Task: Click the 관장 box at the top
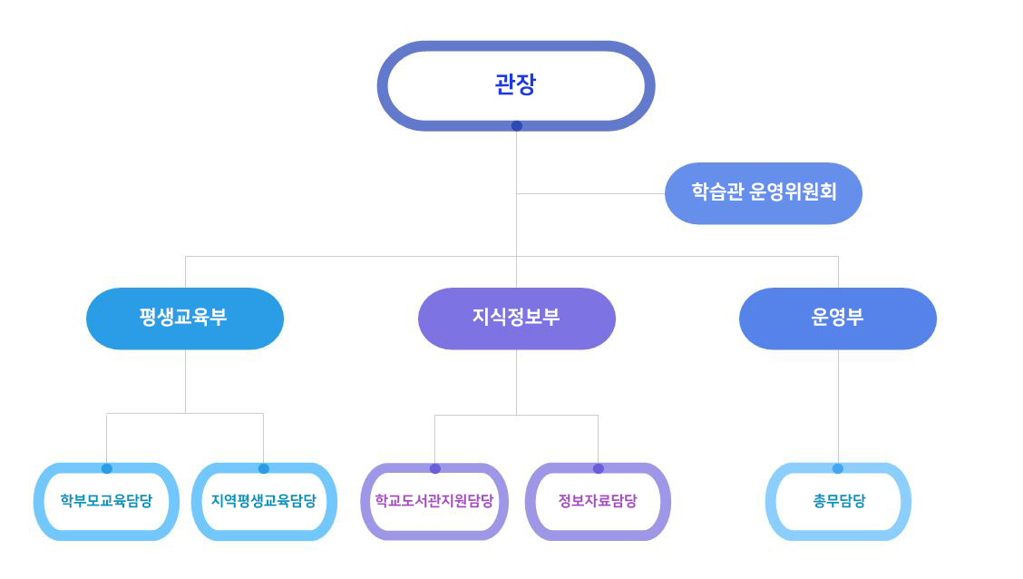pyautogui.click(x=515, y=85)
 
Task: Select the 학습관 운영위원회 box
pyautogui.click(x=764, y=193)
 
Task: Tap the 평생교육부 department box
pyautogui.click(x=185, y=319)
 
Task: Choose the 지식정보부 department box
pyautogui.click(x=517, y=319)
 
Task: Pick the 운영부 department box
pyautogui.click(x=838, y=319)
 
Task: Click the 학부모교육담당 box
pyautogui.click(x=106, y=501)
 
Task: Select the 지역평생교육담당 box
pyautogui.click(x=264, y=501)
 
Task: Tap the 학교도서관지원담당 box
pyautogui.click(x=434, y=501)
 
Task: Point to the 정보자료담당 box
pyautogui.click(x=598, y=501)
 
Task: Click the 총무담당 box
pyautogui.click(x=838, y=501)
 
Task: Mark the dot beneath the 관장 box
pyautogui.click(x=517, y=126)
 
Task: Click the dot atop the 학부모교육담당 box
pyautogui.click(x=107, y=468)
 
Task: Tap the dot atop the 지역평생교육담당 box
pyautogui.click(x=264, y=468)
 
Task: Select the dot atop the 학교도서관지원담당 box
pyautogui.click(x=435, y=468)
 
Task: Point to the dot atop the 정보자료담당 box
pyautogui.click(x=599, y=468)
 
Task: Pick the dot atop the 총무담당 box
pyautogui.click(x=838, y=468)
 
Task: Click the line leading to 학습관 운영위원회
pyautogui.click(x=590, y=194)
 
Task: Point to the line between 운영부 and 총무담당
pyautogui.click(x=838, y=406)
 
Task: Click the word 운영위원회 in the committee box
pyautogui.click(x=793, y=191)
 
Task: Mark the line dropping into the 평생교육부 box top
pyautogui.click(x=185, y=272)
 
